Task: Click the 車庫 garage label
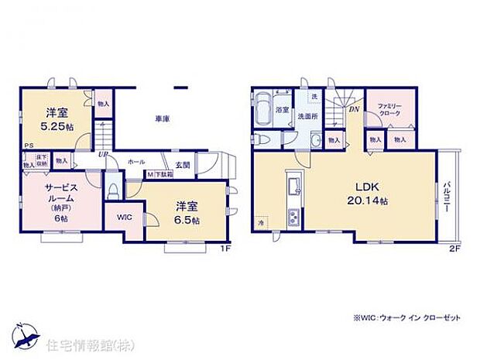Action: click(162, 118)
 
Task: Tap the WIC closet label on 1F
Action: click(125, 218)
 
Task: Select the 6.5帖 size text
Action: click(186, 220)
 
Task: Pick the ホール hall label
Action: click(136, 162)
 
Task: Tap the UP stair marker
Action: click(101, 154)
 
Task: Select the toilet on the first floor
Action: click(113, 190)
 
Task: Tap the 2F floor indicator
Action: click(454, 248)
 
